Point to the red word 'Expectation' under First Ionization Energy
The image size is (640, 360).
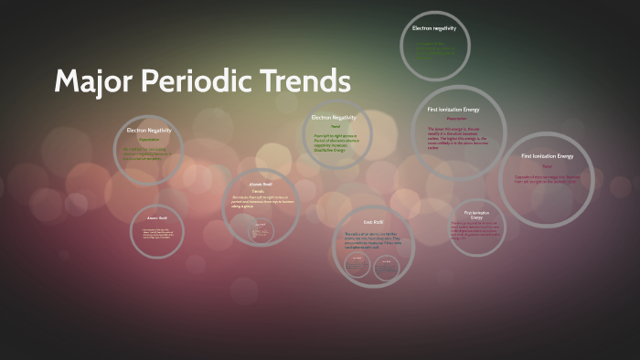pos(456,119)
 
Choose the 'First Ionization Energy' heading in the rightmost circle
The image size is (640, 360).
pos(547,156)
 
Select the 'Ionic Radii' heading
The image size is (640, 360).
pos(372,222)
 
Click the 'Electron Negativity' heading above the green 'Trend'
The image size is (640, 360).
pos(334,118)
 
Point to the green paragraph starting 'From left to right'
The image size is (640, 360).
pos(333,143)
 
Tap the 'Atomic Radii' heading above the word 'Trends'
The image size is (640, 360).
pos(261,184)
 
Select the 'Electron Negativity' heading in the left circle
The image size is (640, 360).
pos(148,131)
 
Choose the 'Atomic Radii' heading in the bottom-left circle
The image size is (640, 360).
pos(157,218)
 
